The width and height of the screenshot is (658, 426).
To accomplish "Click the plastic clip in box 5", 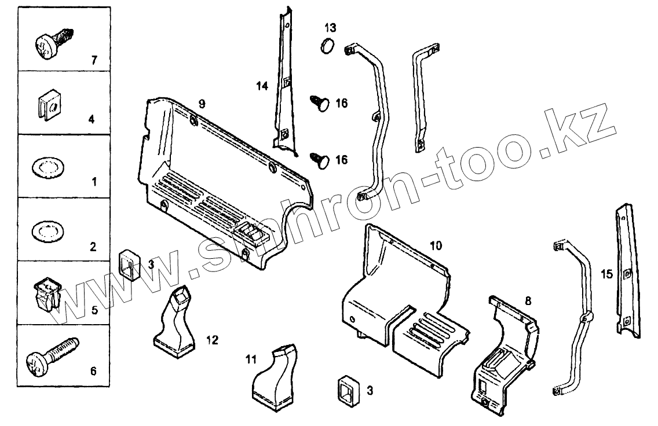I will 46,293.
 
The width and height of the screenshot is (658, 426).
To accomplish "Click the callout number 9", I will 202,104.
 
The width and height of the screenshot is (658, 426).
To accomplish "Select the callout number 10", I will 436,245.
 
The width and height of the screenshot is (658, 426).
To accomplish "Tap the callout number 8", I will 528,301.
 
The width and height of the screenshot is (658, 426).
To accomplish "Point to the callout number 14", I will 262,86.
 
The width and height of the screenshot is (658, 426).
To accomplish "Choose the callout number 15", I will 606,274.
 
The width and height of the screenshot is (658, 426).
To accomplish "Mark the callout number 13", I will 330,28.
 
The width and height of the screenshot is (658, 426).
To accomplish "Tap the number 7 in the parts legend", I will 94,60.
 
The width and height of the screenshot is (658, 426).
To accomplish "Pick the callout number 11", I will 250,359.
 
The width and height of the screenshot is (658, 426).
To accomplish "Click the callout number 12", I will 212,340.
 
